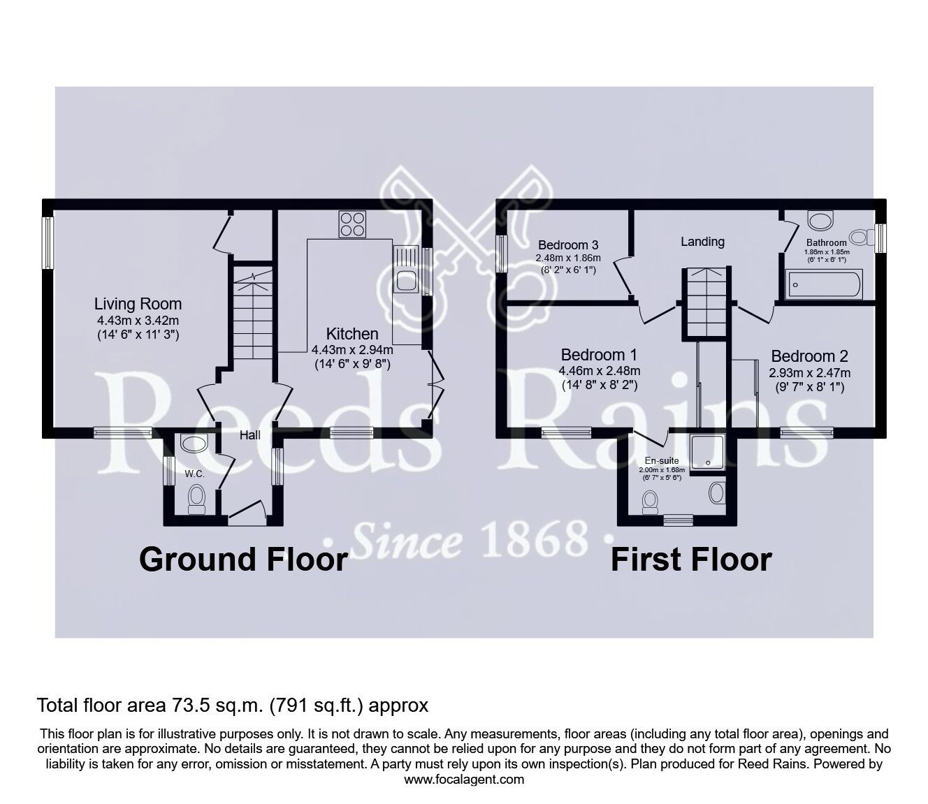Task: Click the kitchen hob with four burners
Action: tap(352, 224)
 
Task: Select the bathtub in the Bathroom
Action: tap(823, 284)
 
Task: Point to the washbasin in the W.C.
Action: tap(194, 444)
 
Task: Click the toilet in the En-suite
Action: tap(650, 502)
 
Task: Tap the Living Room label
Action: tap(138, 304)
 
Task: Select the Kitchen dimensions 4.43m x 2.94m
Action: tap(352, 350)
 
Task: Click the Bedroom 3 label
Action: tap(568, 245)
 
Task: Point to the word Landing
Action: tap(702, 242)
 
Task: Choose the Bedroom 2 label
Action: tap(809, 356)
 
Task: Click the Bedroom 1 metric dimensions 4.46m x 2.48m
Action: tap(600, 371)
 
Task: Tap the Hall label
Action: tap(250, 435)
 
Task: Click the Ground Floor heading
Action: tap(244, 560)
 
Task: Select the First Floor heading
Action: tap(691, 560)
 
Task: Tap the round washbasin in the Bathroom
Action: tap(820, 219)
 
